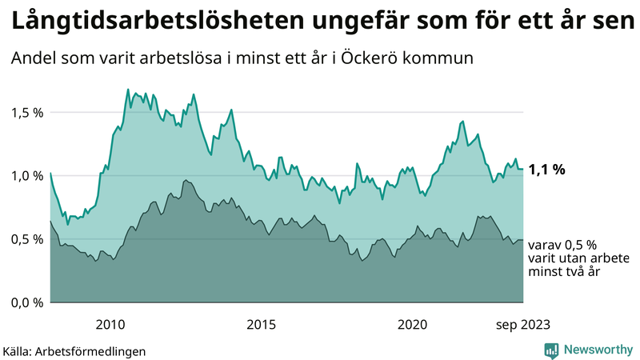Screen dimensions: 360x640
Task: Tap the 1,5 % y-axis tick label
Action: (x=26, y=112)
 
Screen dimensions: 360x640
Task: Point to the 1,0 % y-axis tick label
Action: (x=26, y=175)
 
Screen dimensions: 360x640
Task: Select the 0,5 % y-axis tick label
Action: (x=26, y=238)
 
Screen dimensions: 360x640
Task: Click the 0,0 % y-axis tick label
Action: (x=26, y=302)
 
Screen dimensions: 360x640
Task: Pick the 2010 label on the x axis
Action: (x=110, y=324)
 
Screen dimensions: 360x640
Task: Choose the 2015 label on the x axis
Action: (x=261, y=324)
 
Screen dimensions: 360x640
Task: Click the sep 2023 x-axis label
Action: (x=522, y=324)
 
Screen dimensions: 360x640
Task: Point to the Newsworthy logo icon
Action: (x=552, y=350)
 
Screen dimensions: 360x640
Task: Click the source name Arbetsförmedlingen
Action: (x=95, y=350)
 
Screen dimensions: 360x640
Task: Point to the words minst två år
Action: (x=564, y=272)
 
